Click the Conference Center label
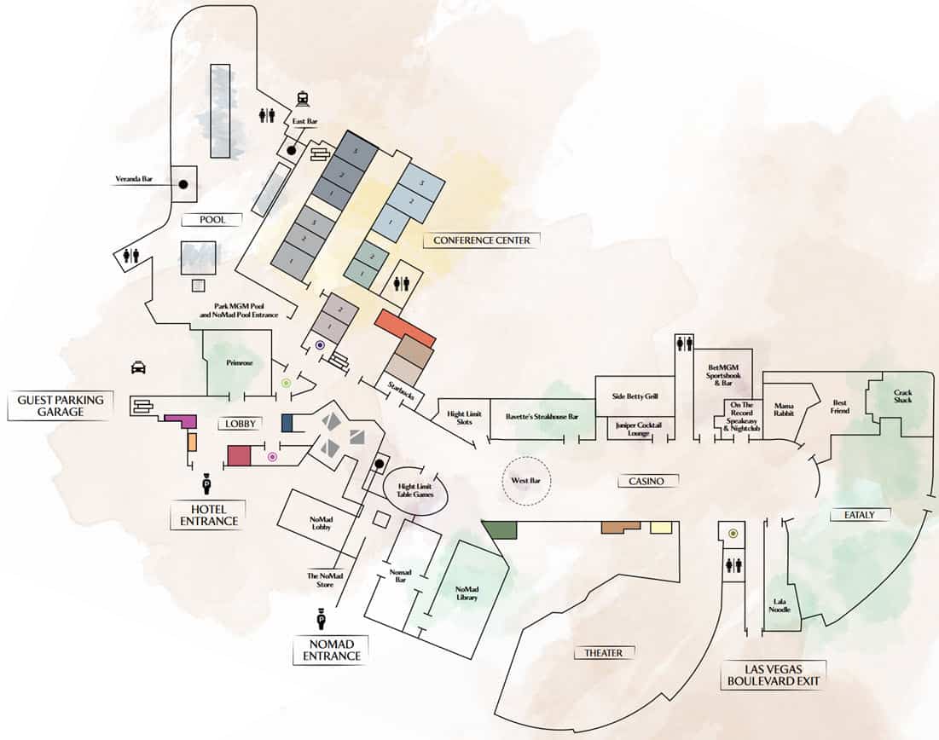click(x=482, y=240)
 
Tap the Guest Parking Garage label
click(x=60, y=406)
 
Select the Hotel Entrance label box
click(x=204, y=515)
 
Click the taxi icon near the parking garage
click(x=137, y=367)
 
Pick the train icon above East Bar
click(x=302, y=99)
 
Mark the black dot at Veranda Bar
click(x=183, y=183)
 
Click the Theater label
click(x=603, y=653)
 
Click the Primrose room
click(x=237, y=363)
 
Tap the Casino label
click(x=647, y=482)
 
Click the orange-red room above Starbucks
click(x=405, y=328)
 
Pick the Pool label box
click(x=212, y=219)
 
